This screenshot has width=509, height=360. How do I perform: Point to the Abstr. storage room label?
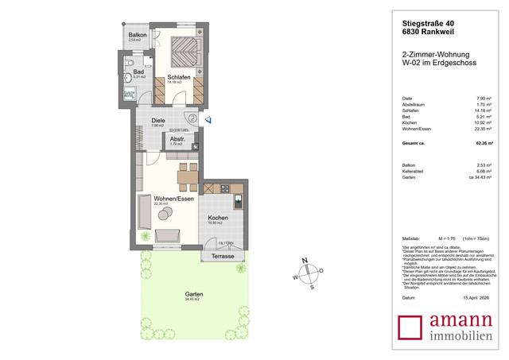[x=177, y=139]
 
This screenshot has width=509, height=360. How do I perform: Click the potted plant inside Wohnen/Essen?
[x=146, y=235]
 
